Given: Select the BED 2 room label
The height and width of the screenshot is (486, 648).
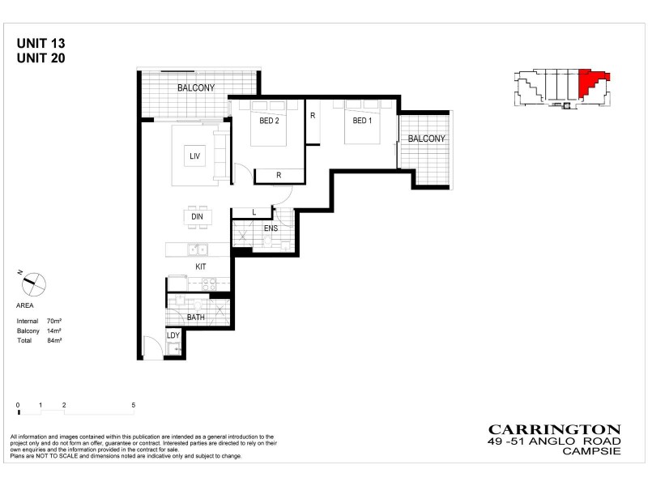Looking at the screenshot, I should pos(269,122).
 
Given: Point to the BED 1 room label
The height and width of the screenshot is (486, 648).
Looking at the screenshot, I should pos(361,122).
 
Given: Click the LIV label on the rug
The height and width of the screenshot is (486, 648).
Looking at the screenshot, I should pos(194,156).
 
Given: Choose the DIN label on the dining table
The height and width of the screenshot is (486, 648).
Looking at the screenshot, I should pos(197,217).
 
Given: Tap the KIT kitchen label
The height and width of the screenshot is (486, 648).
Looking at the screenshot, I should pos(200,266).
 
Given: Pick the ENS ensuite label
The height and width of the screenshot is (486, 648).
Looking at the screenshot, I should pos(271,228).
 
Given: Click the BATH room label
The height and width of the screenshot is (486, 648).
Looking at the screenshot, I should pos(196,318).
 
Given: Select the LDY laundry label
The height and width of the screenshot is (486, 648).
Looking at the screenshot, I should pos(173,335).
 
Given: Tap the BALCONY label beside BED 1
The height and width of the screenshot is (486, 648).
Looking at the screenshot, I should pos(426,139).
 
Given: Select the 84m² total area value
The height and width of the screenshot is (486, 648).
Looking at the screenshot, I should pos(54,341).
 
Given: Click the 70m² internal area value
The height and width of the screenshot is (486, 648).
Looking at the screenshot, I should pos(54,322).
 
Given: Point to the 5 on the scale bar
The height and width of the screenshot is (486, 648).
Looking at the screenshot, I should pos(133,403).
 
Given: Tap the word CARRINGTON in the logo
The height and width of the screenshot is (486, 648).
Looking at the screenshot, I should pos(554,429).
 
